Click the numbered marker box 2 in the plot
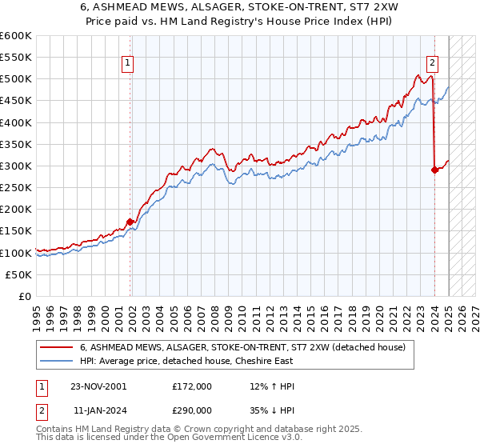click(x=432, y=65)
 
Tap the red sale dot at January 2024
click(x=434, y=170)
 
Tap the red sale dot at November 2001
click(x=130, y=222)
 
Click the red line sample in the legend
click(x=57, y=347)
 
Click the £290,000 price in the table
click(x=192, y=409)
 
